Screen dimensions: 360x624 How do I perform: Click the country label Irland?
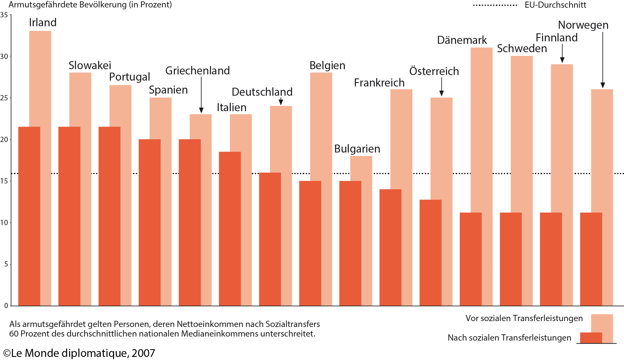tap(43, 23)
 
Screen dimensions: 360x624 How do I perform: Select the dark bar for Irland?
tap(29, 216)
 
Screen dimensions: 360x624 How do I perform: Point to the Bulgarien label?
tap(357, 149)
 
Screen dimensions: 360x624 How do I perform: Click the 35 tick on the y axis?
tap(4, 15)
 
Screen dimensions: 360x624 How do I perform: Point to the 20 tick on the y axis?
tap(4, 140)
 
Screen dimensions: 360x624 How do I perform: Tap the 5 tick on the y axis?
tap(6, 264)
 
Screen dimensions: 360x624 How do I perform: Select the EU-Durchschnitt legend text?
tap(555, 5)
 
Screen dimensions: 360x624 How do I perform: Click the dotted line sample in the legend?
tap(495, 5)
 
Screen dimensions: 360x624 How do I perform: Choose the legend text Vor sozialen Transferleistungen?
tap(524, 318)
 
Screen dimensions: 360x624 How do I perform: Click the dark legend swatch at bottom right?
tap(591, 337)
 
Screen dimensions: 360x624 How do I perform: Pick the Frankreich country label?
tap(379, 83)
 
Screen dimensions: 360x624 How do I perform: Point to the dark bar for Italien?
tap(230, 228)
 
